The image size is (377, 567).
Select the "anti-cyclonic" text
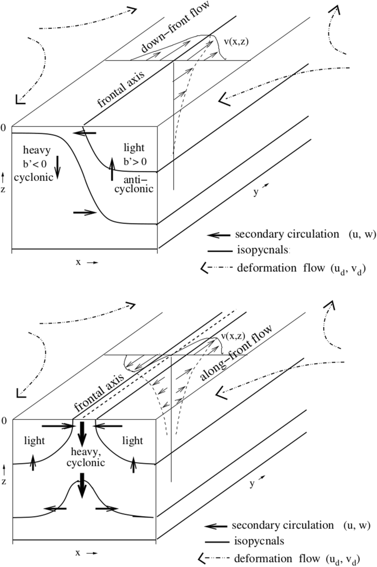click(x=138, y=184)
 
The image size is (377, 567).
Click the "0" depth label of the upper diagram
click(x=3, y=128)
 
